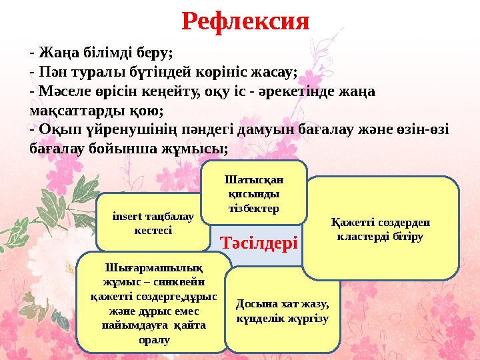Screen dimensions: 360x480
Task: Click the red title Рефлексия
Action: (x=245, y=22)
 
